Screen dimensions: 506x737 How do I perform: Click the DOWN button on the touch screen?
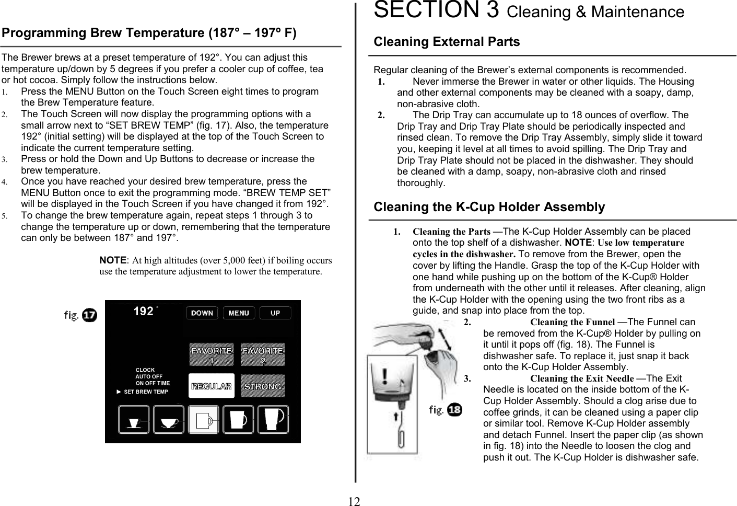tap(202, 313)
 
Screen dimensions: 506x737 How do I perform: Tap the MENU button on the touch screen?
tap(239, 313)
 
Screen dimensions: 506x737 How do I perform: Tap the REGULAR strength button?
tap(211, 386)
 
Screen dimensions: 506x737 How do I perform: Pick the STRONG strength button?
tap(263, 386)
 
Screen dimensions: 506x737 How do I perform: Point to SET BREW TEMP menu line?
tap(146, 392)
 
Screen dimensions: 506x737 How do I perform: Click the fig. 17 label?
tap(80, 315)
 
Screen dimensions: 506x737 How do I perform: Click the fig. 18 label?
tap(445, 410)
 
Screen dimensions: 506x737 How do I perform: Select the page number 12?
tap(354, 502)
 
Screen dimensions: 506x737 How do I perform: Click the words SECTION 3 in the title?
tap(436, 10)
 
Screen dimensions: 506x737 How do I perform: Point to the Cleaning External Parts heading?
tap(447, 42)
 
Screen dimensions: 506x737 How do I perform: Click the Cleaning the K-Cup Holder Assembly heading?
tap(489, 207)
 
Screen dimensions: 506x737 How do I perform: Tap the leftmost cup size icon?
tap(134, 420)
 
